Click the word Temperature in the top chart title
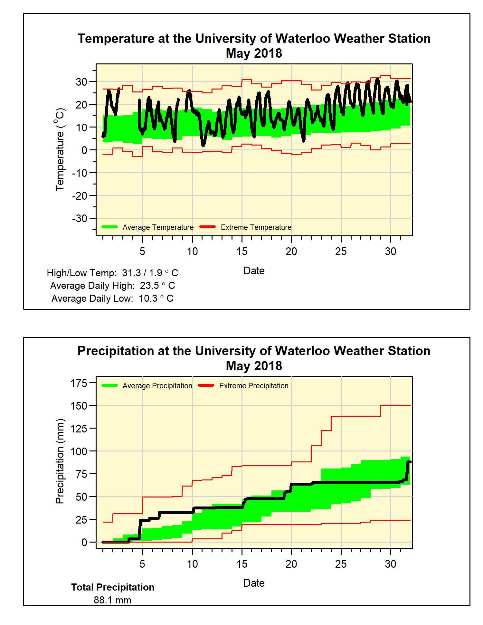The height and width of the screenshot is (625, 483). (x=116, y=39)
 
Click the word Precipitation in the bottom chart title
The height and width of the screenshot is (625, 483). (x=116, y=351)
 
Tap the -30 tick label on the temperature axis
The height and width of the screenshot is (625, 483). (x=80, y=218)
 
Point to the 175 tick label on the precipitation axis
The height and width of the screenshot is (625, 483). (x=79, y=383)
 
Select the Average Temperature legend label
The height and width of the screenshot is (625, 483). (x=158, y=227)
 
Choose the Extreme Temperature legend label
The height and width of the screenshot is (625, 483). (x=256, y=227)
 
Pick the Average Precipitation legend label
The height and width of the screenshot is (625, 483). (x=157, y=386)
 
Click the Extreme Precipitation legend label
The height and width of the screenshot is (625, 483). (x=254, y=386)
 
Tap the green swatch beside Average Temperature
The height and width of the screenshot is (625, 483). (x=109, y=227)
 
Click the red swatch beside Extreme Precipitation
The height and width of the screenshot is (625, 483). (x=206, y=385)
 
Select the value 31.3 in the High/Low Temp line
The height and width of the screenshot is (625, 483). (x=131, y=273)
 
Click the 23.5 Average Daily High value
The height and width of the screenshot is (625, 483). (x=149, y=286)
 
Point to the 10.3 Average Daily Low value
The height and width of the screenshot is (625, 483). (x=148, y=298)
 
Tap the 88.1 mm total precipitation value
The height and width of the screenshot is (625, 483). (x=112, y=600)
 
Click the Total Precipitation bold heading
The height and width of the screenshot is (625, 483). (x=113, y=587)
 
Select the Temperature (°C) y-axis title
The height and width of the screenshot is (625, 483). (x=60, y=150)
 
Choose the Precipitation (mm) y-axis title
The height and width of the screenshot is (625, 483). (x=60, y=461)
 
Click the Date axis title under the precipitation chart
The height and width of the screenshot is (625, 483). (x=254, y=583)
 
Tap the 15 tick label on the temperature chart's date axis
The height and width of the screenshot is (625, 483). (x=242, y=251)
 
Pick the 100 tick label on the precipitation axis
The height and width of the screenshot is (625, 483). (x=79, y=451)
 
